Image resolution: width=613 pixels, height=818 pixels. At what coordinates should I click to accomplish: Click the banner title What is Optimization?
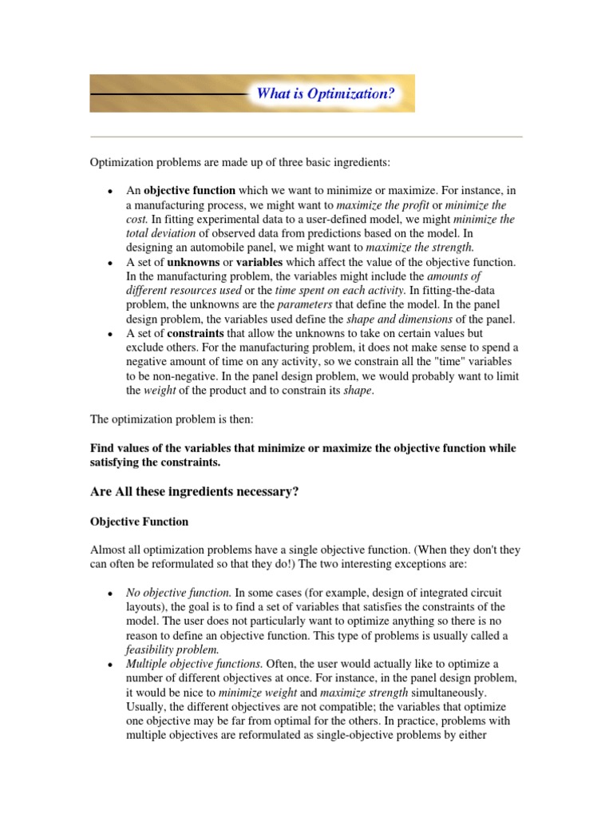coord(325,93)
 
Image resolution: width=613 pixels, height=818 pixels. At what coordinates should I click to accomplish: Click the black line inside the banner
coord(168,94)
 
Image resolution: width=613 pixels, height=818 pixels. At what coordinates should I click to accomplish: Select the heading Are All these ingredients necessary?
coord(195,492)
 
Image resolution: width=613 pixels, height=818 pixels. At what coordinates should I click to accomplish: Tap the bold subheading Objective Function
coord(139,522)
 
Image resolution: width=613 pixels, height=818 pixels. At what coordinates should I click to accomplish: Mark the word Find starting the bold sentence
coord(102,448)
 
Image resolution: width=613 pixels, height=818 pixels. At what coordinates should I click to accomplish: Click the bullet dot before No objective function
coord(109,594)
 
